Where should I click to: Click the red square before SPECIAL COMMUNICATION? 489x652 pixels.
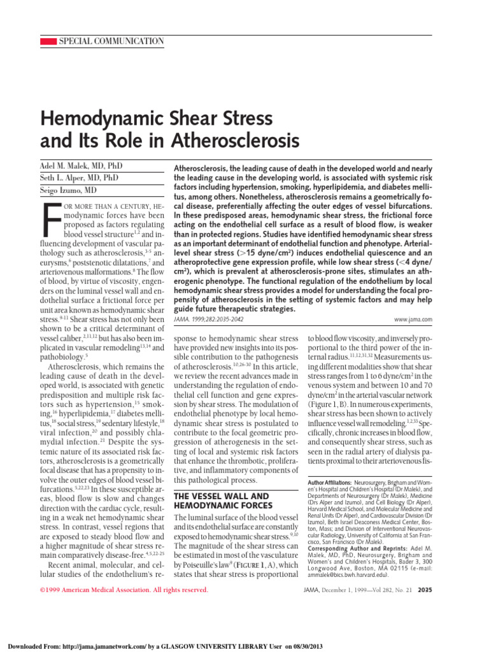48,41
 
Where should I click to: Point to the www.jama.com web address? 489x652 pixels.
413,318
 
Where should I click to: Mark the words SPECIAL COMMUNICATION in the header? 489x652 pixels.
111,41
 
